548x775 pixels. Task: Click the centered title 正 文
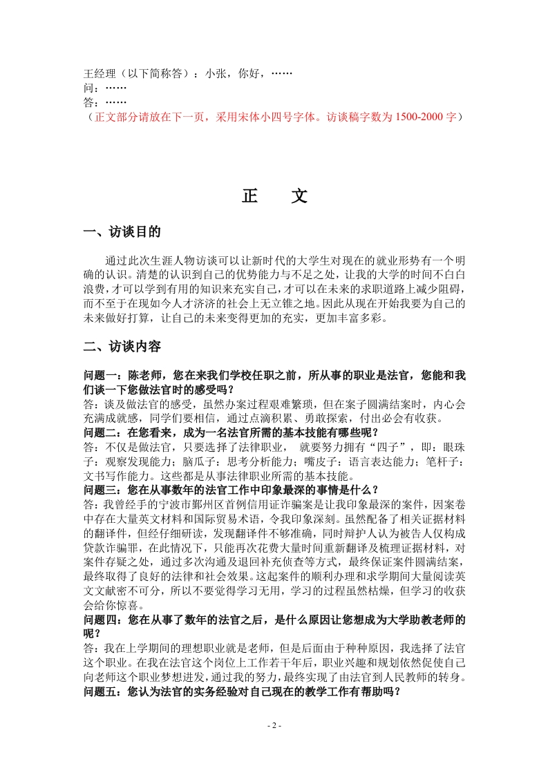(274, 196)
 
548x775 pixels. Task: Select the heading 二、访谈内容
(122, 346)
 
